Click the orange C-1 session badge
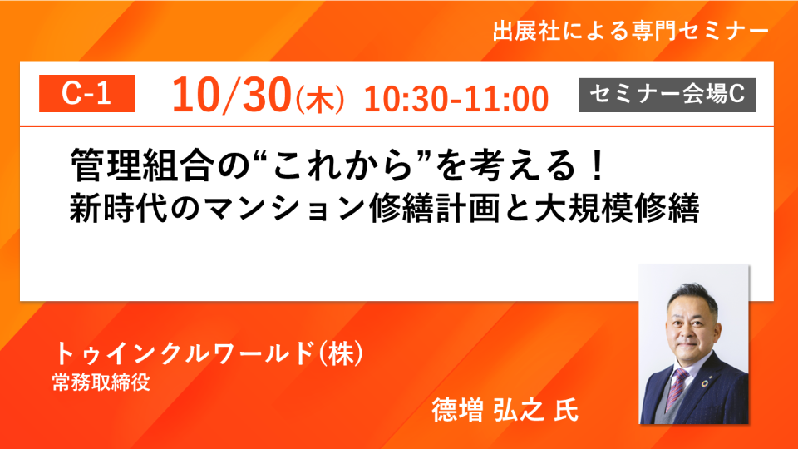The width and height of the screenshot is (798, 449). coord(87,93)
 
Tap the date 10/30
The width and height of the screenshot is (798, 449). coord(232,95)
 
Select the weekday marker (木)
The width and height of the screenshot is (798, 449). coord(320,100)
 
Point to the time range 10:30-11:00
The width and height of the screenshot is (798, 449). coord(456,99)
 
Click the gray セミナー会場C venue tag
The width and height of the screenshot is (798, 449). coord(667,95)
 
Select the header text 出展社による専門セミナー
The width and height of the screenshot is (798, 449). coord(631,32)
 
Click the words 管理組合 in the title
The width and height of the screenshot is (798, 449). coord(140,165)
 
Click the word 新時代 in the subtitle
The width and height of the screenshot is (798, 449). coord(118,208)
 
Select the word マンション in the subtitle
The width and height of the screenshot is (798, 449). coord(284,209)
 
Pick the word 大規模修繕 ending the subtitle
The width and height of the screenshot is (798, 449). coord(617,208)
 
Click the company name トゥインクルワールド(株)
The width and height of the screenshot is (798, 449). coord(209,353)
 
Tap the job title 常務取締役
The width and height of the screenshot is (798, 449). coord(101,382)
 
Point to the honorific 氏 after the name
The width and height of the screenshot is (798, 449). coord(566,410)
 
